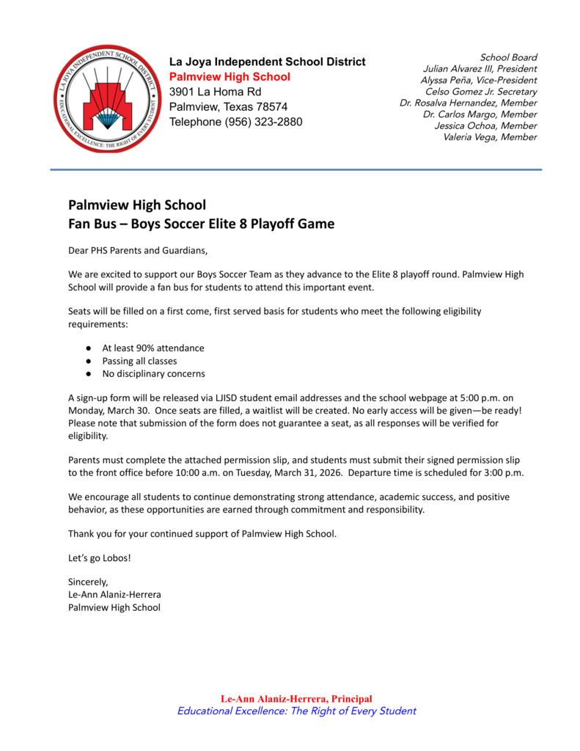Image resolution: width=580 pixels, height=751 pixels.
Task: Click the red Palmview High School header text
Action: tap(230, 77)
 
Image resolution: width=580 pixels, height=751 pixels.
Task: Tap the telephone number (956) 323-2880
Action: tap(263, 122)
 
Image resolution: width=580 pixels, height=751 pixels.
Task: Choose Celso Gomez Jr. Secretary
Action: tap(481, 92)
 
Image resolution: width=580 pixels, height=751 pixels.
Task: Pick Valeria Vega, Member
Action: tap(490, 137)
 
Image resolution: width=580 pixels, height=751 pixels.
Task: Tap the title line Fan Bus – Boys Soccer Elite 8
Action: tap(201, 224)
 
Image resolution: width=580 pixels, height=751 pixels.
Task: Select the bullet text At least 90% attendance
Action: tap(153, 348)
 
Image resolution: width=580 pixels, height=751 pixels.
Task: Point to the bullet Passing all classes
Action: tap(139, 361)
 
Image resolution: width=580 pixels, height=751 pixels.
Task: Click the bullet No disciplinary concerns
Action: tap(153, 374)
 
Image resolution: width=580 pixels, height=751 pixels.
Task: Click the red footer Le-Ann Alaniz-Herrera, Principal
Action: tap(296, 699)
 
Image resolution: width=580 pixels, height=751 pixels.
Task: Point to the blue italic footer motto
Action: tap(296, 711)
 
